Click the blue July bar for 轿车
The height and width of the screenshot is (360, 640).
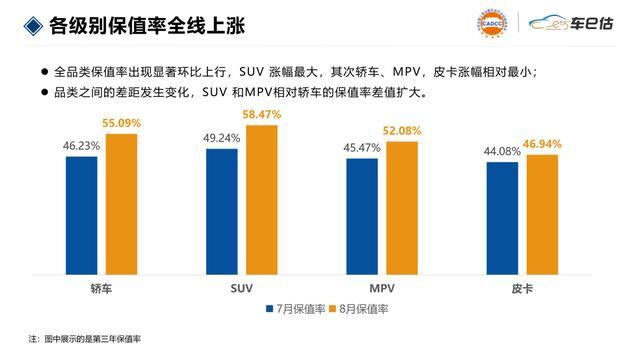(82, 216)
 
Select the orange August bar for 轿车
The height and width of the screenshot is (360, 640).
(122, 204)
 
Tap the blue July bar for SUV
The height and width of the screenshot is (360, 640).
(222, 212)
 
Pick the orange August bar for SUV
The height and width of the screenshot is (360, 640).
(262, 200)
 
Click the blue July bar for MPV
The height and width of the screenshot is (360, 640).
(362, 217)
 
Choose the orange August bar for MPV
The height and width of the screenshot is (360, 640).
(402, 208)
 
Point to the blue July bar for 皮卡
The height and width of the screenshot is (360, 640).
(502, 218)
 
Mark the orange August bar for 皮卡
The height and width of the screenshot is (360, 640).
(542, 215)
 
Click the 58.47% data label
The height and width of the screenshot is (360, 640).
(262, 115)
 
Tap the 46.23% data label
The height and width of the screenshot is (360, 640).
(81, 146)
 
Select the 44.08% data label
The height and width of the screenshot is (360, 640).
(502, 151)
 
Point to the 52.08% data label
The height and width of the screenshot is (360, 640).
(402, 131)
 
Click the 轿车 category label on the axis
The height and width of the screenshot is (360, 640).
(101, 289)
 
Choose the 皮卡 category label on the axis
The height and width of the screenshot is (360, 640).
(522, 289)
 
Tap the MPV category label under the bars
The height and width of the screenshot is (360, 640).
(382, 289)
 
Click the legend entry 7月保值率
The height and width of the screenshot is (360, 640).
(296, 309)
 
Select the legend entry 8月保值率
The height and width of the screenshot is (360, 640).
(358, 309)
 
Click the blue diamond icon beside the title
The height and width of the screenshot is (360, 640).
(33, 26)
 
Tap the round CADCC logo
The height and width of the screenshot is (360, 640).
(492, 23)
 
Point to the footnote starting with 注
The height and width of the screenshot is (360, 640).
(84, 339)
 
